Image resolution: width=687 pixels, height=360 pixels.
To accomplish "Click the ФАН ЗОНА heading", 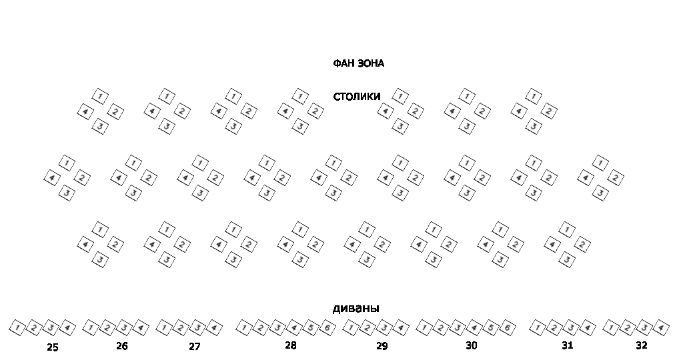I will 358,64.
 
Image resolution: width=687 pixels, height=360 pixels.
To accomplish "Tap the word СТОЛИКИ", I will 357,97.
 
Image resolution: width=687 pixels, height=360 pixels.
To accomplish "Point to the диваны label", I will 356,309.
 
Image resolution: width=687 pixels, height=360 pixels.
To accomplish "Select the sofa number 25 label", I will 53,347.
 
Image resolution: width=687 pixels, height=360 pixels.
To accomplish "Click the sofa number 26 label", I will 121,346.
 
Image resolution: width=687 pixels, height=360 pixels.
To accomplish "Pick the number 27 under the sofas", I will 194,347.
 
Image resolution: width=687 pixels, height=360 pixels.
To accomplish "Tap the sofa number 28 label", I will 290,345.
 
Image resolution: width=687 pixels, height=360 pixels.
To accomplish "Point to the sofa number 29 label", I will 382,346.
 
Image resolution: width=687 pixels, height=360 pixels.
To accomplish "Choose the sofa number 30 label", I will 472,345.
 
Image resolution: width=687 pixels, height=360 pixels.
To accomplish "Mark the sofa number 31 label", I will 567,345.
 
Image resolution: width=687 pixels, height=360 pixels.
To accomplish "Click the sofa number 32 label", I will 641,345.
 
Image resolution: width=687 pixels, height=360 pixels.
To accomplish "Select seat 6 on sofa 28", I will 327,328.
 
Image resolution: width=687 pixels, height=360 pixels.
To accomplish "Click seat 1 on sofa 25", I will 17,328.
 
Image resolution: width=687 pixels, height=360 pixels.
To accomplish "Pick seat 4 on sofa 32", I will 660,328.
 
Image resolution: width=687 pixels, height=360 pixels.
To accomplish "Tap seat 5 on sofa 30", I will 490,328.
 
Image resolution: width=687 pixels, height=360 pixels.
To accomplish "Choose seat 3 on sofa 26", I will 123,328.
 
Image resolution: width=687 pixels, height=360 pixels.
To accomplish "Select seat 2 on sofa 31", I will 554,328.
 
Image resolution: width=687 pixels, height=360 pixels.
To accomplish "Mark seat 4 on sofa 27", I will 213,328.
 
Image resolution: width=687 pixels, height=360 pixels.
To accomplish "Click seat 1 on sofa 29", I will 351,328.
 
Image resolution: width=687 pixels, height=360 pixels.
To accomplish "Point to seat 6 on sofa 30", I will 507,328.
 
